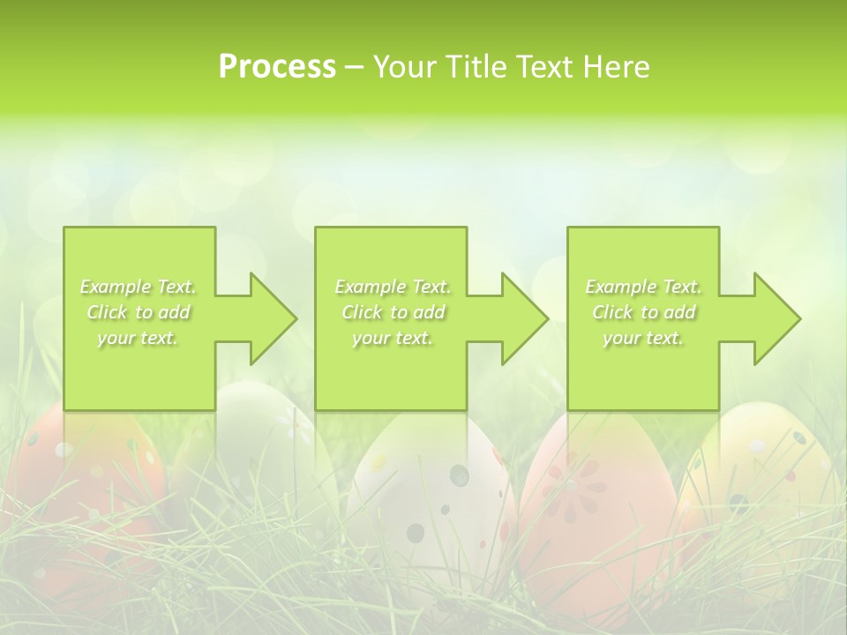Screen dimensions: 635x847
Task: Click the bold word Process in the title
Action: tap(277, 67)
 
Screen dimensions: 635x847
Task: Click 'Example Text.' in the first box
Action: tap(138, 287)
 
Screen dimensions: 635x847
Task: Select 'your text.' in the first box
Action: tap(138, 338)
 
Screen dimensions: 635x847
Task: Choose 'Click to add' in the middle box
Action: tap(393, 312)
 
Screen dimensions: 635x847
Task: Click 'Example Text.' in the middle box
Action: tap(393, 287)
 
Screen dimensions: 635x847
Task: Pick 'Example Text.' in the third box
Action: tap(643, 287)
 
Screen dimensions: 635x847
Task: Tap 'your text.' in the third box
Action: tap(643, 338)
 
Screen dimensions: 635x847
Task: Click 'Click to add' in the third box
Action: tap(643, 312)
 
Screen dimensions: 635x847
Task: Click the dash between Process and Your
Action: tap(355, 67)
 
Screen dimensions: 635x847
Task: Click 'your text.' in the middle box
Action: tap(393, 338)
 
